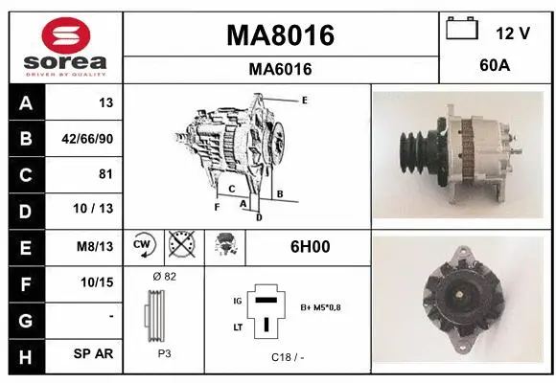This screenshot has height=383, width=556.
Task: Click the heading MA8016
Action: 280,36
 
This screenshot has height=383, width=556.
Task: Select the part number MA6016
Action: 280,69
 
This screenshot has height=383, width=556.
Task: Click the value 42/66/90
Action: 87,139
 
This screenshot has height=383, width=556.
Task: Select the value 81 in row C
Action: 105,174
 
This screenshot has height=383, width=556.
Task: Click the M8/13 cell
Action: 96,246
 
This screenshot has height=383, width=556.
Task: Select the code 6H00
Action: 310,246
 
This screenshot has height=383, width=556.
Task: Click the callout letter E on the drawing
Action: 304,100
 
